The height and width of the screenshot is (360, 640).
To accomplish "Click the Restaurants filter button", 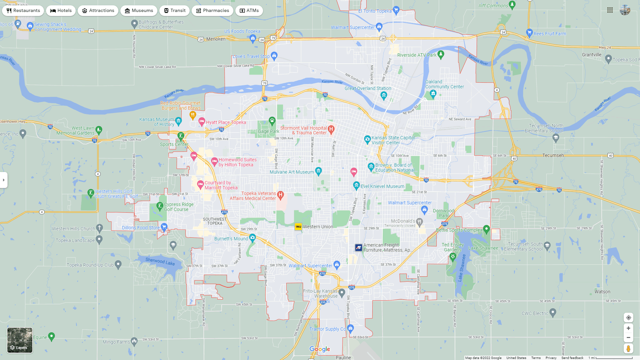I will pos(23,11).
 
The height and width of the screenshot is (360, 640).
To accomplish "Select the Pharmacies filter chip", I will pos(212,11).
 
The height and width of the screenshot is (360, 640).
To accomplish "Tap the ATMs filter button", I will pos(249,11).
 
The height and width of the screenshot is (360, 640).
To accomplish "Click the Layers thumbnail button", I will pos(20,340).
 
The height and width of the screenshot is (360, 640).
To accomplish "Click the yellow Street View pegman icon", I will pos(628,349).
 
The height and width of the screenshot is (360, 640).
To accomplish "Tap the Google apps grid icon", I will pos(610,10).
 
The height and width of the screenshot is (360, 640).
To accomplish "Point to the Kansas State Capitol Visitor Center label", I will pos(393,140).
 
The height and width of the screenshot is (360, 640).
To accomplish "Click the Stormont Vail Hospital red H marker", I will pos(331,129).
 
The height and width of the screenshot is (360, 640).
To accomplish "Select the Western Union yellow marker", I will pos(298,227).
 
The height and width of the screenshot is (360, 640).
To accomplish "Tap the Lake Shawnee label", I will pos(483,248).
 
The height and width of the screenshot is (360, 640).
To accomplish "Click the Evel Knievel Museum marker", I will pos(356,185).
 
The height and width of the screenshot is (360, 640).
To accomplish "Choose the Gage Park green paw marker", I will pos(272,120).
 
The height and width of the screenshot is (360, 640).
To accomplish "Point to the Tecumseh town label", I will pos(553,155).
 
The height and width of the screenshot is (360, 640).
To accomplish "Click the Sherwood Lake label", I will pos(160,261).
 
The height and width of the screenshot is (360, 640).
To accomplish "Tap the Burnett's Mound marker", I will pos(252,238).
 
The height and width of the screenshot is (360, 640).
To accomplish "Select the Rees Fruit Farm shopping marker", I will pos(529,32).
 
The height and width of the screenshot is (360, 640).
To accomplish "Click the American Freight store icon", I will pos(358,248).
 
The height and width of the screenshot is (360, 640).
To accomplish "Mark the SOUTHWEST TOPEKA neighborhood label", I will pos(215,221).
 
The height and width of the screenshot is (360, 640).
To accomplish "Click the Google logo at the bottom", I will pos(320,349).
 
